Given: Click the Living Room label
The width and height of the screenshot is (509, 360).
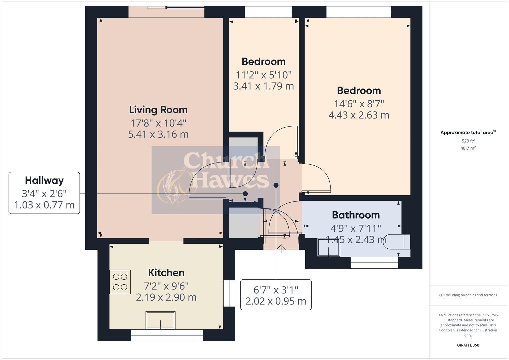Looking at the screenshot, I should [158, 110].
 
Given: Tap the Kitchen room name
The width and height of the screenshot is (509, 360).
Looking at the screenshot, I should [166, 273].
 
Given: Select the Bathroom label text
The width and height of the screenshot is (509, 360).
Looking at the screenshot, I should [356, 215].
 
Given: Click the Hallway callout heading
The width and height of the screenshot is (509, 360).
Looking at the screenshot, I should [44, 180].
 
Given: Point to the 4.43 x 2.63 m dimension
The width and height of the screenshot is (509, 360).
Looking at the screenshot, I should [359, 115].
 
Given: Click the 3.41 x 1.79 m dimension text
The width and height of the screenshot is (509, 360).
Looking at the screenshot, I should [263, 86].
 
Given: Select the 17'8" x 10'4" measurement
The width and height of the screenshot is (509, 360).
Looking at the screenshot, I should [158, 123].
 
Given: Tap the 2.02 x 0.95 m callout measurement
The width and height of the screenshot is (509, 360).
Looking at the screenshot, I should [276, 301].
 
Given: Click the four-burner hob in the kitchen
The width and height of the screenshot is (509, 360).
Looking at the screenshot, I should [120, 282].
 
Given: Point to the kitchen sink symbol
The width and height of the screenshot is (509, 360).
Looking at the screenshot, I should [160, 320].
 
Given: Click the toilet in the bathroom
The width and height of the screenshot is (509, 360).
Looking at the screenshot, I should [397, 242].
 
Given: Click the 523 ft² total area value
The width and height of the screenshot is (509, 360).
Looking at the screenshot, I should [468, 141].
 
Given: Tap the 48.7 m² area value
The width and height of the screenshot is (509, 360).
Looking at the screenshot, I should [468, 148].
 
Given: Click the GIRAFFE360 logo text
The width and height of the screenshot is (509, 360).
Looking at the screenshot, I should [468, 345].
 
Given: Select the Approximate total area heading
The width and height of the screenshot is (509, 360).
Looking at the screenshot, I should [467, 133].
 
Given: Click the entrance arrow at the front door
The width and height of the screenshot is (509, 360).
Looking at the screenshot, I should [281, 248].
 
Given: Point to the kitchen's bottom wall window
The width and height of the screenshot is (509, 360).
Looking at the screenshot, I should [167, 335].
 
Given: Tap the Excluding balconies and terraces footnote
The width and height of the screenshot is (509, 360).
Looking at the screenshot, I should [468, 295].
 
